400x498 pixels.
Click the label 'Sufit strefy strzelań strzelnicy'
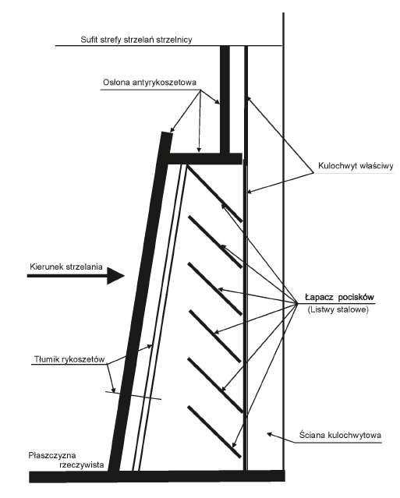(x=136, y=40)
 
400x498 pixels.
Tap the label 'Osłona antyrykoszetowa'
(x=150, y=83)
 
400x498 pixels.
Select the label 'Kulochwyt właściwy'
(x=356, y=166)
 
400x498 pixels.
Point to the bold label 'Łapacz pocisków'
(x=340, y=297)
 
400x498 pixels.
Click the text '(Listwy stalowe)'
(x=338, y=309)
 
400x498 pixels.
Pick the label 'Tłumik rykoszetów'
(x=69, y=359)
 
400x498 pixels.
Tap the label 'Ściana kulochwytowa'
(x=340, y=435)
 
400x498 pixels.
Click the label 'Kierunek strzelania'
(x=66, y=267)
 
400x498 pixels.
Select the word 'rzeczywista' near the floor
(x=82, y=465)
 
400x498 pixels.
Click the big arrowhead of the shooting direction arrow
(x=115, y=276)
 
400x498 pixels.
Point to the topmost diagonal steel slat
(x=214, y=193)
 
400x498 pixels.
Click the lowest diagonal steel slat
(x=214, y=432)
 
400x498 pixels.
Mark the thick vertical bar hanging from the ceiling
(x=225, y=100)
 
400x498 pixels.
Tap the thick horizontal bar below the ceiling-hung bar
(x=205, y=159)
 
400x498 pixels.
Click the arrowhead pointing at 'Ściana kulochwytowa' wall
(x=270, y=433)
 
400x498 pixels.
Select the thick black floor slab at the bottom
(x=158, y=476)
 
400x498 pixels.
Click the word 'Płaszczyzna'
(x=52, y=456)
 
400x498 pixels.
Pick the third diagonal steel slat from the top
(x=214, y=288)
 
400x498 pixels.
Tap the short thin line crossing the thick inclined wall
(x=134, y=395)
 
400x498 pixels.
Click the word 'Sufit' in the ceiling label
(x=89, y=40)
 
